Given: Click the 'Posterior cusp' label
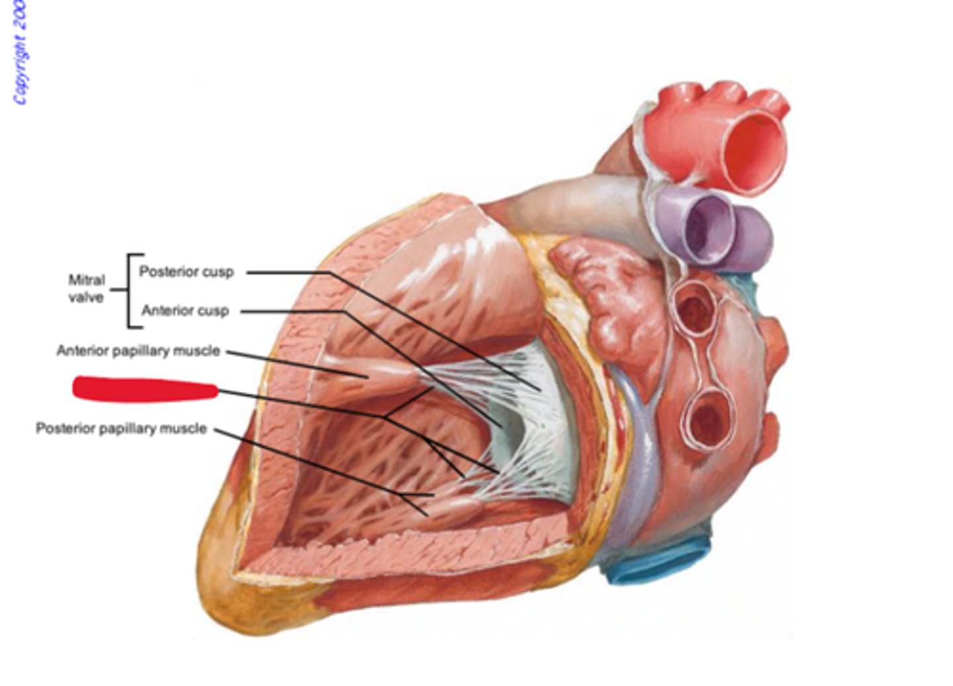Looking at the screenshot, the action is [x=186, y=271].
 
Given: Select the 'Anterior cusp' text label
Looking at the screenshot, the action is [x=185, y=311].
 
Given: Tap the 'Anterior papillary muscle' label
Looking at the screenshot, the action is [x=138, y=350].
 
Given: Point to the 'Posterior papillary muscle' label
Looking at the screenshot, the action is [x=121, y=428].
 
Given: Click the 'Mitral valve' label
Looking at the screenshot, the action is [x=86, y=289].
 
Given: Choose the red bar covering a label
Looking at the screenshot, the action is [x=144, y=389].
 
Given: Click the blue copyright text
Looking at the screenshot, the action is [x=19, y=53].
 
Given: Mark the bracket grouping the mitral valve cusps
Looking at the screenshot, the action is [x=132, y=291].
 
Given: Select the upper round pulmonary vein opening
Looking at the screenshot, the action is [x=694, y=308].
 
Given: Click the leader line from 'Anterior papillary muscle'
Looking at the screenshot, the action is [x=298, y=364].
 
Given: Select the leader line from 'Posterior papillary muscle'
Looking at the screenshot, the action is [x=318, y=464].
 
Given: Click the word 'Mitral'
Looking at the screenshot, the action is [x=86, y=280].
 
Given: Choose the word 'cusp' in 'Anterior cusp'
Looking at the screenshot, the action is [x=212, y=311].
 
